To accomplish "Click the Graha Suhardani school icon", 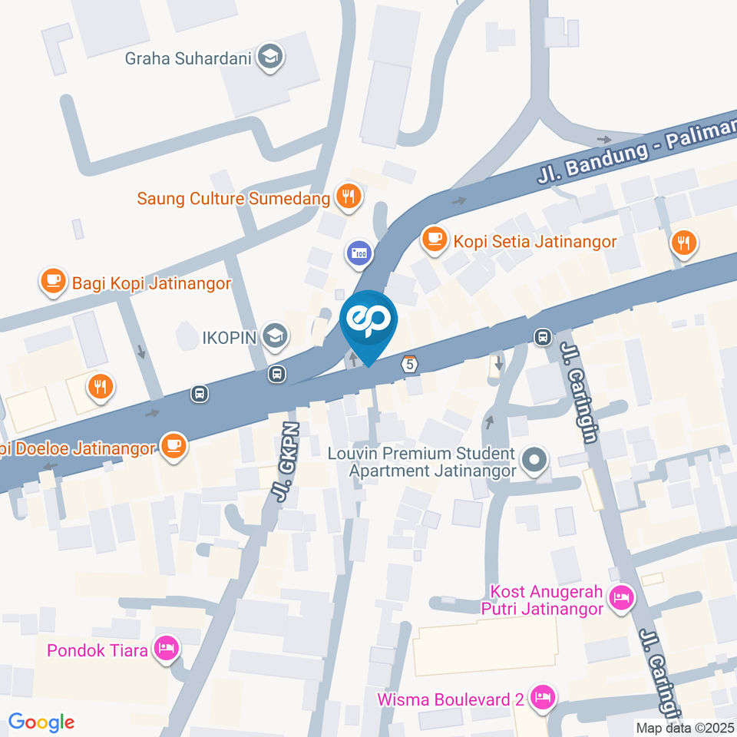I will [269, 57].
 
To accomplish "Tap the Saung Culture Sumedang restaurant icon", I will [349, 197].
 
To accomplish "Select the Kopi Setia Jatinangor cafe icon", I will [435, 241].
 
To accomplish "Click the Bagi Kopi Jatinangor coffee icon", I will [53, 283].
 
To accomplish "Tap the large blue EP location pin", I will [368, 322].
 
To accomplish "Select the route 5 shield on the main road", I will [411, 365].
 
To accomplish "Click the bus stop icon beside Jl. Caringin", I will [543, 336].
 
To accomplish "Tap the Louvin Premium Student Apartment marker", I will [534, 461].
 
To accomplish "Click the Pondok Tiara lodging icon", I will [165, 649].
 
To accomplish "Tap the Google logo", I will [41, 722].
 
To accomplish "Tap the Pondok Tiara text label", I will [97, 650].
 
